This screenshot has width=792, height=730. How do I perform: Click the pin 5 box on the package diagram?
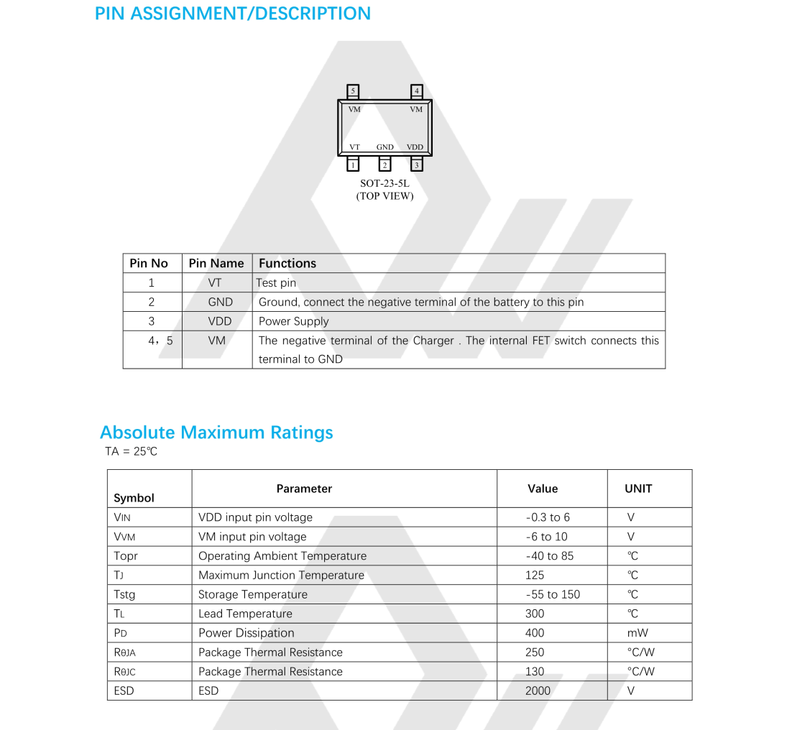(353, 91)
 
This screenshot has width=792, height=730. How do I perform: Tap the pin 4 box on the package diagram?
(417, 91)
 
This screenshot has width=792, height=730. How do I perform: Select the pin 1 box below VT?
(353, 165)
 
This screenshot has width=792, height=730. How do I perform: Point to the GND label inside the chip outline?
(385, 147)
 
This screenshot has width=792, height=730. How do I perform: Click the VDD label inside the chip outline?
(415, 147)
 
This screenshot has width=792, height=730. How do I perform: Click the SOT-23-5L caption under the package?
(385, 184)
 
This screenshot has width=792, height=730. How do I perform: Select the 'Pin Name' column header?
(216, 264)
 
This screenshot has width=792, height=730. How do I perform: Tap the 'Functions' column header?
(287, 264)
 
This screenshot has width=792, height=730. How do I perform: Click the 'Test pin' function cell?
(277, 283)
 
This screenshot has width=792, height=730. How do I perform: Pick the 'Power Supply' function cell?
(294, 321)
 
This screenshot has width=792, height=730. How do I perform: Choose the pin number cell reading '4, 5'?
(160, 341)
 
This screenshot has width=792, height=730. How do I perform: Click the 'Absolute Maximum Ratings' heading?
(216, 433)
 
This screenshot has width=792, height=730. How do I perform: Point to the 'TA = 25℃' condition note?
(131, 452)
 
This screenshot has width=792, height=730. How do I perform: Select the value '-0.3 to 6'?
(548, 517)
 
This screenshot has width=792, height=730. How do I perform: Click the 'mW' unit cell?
(637, 633)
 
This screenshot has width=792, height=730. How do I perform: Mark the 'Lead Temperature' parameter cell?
(246, 614)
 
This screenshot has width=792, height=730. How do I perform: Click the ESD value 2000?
(538, 690)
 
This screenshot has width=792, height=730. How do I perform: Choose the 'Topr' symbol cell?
(126, 556)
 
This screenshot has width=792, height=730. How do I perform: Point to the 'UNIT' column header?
(638, 489)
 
